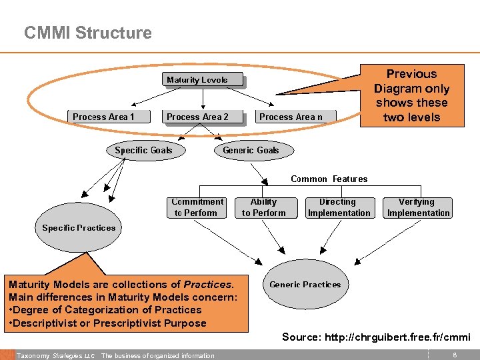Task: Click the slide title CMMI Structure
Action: (87, 33)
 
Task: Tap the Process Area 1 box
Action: (103, 117)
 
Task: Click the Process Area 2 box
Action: (197, 117)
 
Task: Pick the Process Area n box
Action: (291, 117)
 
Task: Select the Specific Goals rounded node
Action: (143, 150)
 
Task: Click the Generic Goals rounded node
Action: (251, 150)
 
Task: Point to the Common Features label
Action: (329, 179)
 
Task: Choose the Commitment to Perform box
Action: (197, 207)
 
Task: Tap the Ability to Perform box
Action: (263, 207)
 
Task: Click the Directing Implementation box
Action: (339, 207)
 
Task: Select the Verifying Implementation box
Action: (418, 207)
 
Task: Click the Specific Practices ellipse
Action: (79, 228)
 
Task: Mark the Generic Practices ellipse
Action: (305, 285)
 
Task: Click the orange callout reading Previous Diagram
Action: (411, 95)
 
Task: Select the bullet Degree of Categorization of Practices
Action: (105, 310)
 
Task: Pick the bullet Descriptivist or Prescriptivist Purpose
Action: (109, 323)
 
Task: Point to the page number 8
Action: (454, 355)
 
